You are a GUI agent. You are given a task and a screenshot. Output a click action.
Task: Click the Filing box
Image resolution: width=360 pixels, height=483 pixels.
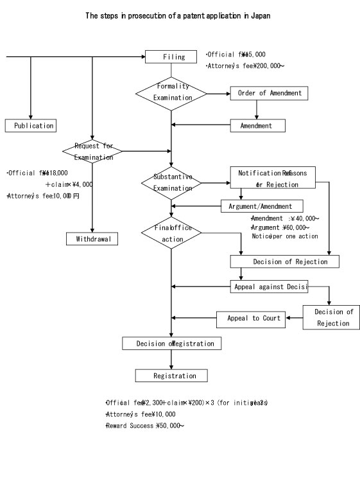171,57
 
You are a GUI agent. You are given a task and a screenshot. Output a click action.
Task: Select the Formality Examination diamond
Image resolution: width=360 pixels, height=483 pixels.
171,92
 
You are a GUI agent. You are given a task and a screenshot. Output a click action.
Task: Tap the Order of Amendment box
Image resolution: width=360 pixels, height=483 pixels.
270,93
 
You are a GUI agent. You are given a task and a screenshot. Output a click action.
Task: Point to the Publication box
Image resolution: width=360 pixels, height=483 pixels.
30,126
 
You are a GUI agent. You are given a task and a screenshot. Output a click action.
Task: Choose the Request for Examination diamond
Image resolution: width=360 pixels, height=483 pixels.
93,152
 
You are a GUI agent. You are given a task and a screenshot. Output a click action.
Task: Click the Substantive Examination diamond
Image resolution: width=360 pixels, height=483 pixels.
171,183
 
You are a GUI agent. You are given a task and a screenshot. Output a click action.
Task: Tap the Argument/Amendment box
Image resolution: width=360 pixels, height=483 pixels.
265,206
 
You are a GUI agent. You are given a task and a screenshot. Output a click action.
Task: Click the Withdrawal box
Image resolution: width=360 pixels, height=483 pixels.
92,239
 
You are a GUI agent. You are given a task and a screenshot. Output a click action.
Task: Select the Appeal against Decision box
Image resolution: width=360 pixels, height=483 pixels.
269,286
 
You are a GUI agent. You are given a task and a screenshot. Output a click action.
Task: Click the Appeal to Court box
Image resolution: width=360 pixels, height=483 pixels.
253,318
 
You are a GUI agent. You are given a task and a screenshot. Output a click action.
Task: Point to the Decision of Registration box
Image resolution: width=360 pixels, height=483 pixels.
171,344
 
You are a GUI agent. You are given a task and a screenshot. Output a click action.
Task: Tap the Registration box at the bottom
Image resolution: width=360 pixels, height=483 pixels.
171,375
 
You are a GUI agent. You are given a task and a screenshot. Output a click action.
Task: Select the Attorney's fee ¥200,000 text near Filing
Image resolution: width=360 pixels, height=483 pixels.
246,66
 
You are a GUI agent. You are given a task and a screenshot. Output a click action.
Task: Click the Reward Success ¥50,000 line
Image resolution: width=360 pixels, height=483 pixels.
145,426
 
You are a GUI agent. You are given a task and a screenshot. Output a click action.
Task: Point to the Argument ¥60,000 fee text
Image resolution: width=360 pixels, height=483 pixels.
280,227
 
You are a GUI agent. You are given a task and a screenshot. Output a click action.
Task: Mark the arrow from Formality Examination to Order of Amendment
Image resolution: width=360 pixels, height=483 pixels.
218,93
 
